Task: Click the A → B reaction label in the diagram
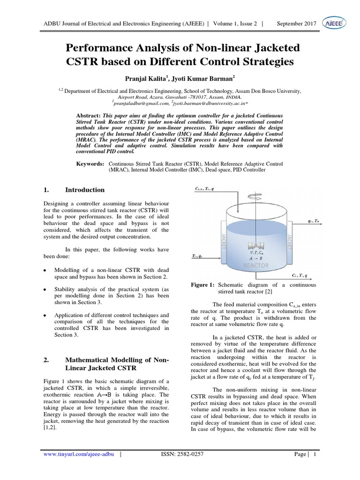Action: point(255,257)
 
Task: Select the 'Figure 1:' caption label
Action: point(203,285)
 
